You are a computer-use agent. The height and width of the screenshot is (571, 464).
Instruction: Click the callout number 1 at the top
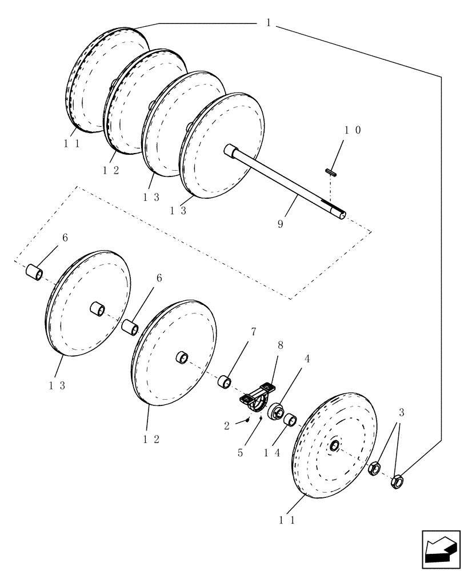coord(268,23)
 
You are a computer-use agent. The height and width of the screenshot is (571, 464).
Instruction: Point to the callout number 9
coord(280,224)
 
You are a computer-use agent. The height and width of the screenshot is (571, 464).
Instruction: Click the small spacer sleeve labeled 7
coord(224,381)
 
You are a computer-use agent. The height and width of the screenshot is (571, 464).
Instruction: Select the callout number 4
coord(306,359)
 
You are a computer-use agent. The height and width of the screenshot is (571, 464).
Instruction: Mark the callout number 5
coord(241,452)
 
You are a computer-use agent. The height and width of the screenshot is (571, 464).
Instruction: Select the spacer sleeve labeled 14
coord(290,421)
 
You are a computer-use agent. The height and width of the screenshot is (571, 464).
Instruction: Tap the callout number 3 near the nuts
coord(401,412)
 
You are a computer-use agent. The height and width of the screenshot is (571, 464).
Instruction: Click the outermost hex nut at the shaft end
coord(397,482)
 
